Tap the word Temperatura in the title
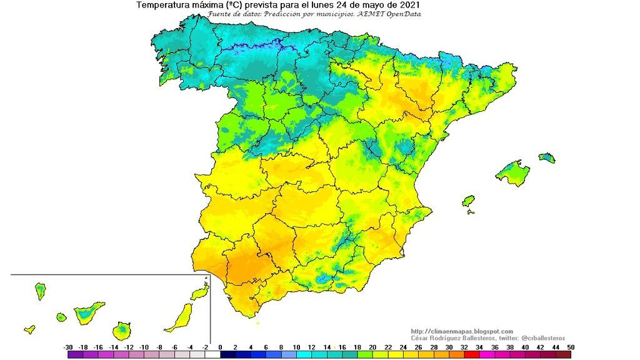click(x=162, y=5)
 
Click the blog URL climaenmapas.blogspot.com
click(x=462, y=331)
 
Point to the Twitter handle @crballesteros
click(x=541, y=338)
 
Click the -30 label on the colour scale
click(x=68, y=347)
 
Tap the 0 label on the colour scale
click(x=221, y=347)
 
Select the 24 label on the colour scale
click(x=403, y=347)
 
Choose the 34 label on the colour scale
click(x=479, y=347)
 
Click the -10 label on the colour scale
click(x=144, y=347)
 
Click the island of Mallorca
click(x=513, y=172)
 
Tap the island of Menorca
click(x=547, y=157)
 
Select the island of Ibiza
click(x=468, y=201)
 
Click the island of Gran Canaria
click(x=122, y=329)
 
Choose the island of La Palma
click(x=40, y=291)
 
